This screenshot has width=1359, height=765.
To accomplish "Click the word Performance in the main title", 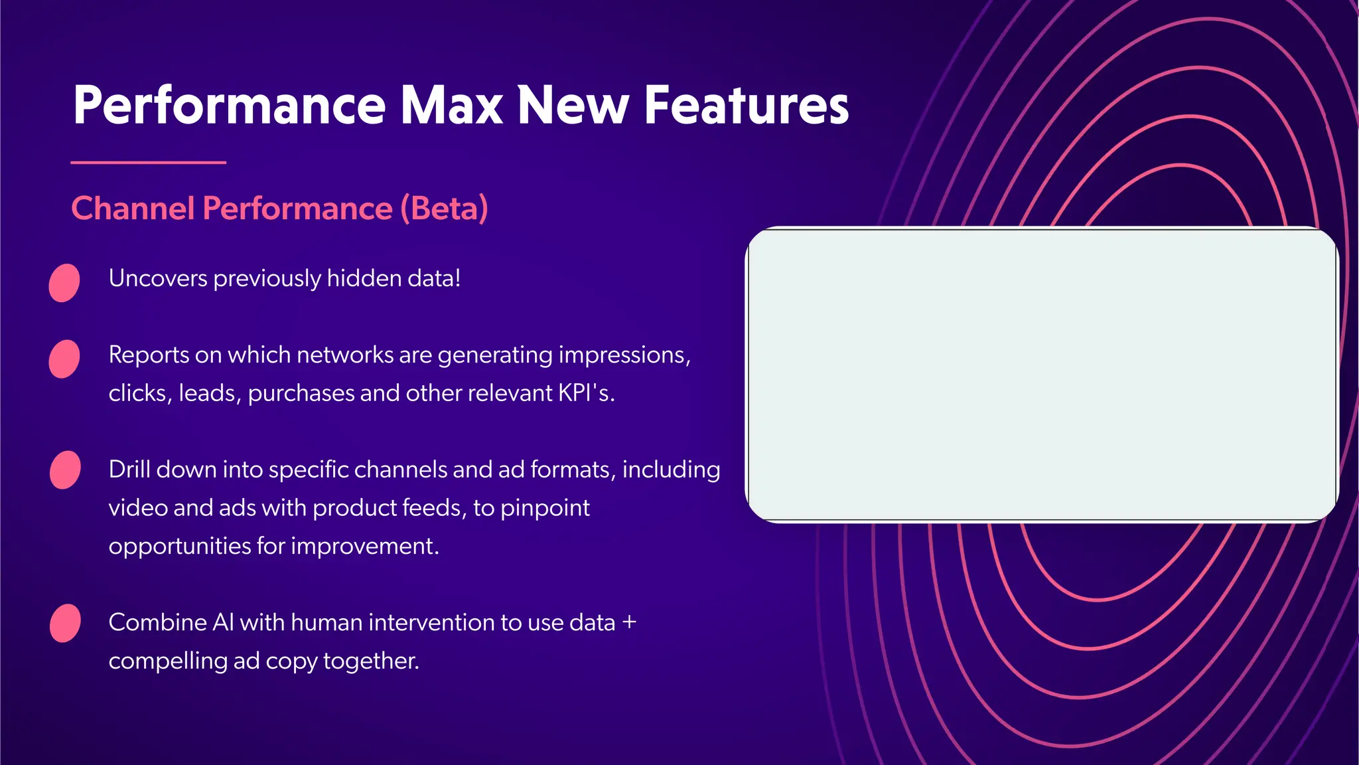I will click(229, 105).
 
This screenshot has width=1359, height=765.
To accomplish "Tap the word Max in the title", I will click(451, 105).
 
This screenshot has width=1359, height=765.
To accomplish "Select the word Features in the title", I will click(747, 105).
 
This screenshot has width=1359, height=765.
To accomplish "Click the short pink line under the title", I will click(148, 162).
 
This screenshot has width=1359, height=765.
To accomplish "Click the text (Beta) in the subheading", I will click(444, 209).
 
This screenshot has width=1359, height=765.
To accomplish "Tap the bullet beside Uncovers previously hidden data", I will click(64, 283).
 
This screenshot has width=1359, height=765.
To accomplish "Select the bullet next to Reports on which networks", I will click(64, 359).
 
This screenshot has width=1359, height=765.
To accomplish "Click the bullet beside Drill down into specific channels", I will click(65, 469).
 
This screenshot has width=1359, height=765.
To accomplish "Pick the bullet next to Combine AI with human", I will click(65, 623).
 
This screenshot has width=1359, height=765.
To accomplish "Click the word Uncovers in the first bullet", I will click(158, 278).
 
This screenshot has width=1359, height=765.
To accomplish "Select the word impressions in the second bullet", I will click(624, 355).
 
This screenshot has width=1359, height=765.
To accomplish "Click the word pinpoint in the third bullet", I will click(545, 509).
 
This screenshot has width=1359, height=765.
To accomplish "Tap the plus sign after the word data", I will click(629, 623).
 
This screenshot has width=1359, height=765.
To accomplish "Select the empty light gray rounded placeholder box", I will click(1042, 375).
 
